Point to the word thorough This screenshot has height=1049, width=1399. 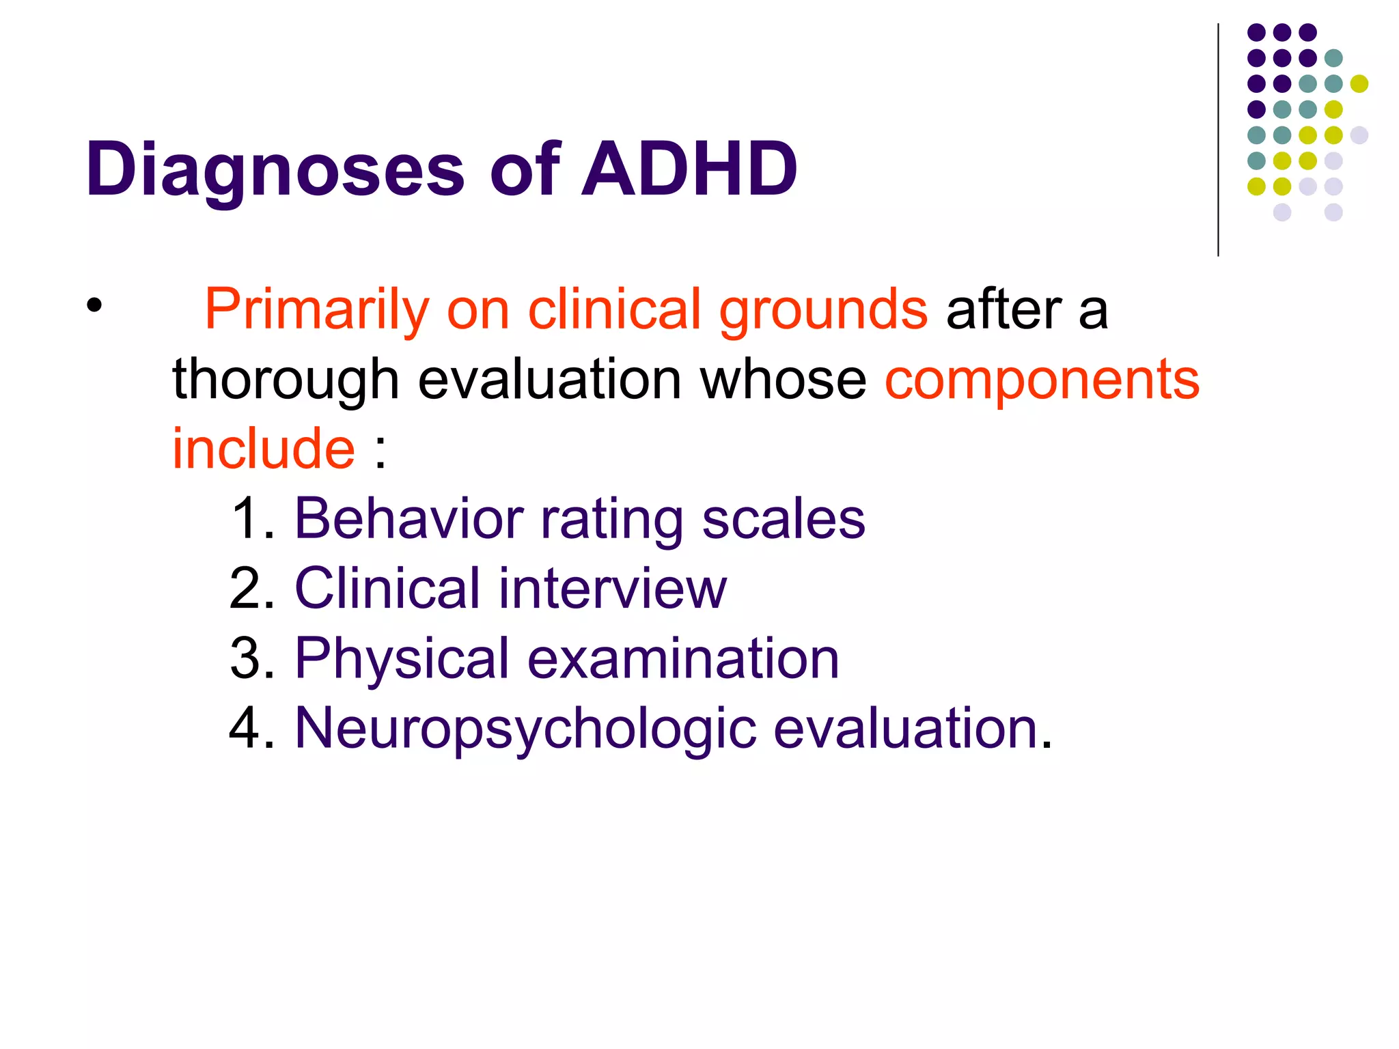point(286,380)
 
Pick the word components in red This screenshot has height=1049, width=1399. point(1042,380)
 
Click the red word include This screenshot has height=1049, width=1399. point(263,449)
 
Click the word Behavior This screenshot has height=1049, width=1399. point(408,519)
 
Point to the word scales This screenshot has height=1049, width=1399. point(784,519)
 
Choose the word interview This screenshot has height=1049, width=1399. point(613,589)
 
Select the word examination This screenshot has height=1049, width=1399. point(683,658)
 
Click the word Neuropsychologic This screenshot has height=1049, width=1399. point(525,729)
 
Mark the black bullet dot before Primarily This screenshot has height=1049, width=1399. point(94,305)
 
